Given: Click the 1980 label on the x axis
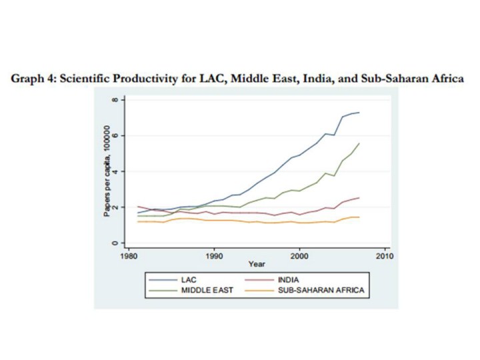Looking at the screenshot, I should (129, 255).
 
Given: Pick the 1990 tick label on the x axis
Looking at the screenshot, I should (215, 255).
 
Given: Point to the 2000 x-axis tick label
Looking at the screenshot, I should (300, 255).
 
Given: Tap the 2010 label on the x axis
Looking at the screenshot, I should (385, 255).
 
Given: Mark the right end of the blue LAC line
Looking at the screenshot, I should (359, 112).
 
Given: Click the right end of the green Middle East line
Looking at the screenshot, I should (359, 143).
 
